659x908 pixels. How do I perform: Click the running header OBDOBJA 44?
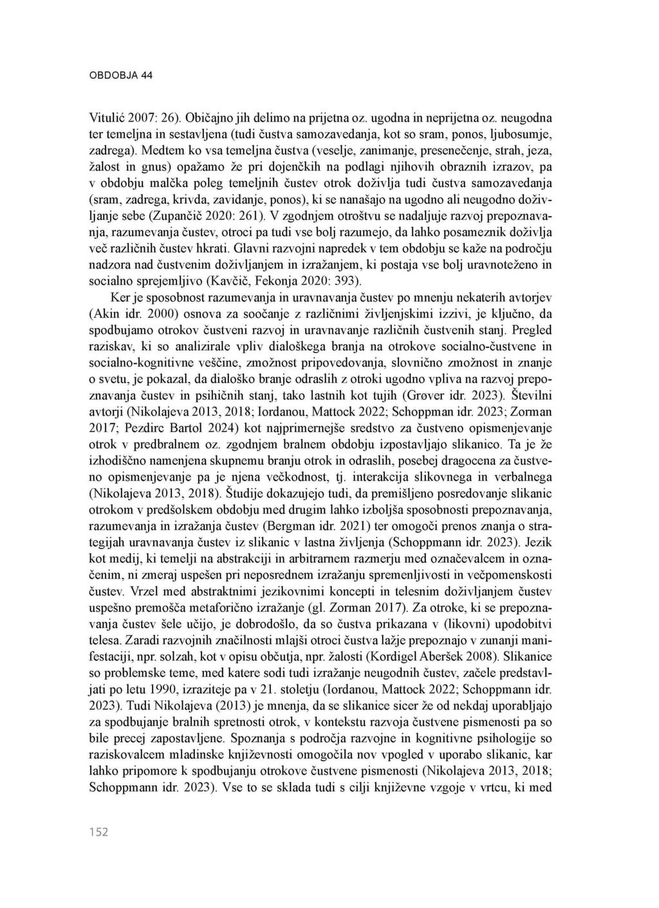(x=120, y=75)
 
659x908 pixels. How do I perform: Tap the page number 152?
(x=98, y=832)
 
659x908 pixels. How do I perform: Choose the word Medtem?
(x=160, y=150)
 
